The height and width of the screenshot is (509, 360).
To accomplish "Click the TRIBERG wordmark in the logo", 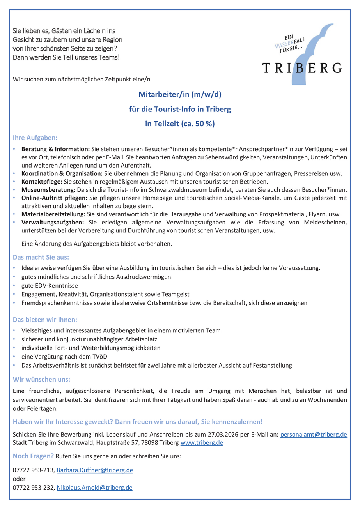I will pos(302,68).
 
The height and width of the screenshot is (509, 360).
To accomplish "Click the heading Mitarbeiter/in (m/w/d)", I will pos(180,94).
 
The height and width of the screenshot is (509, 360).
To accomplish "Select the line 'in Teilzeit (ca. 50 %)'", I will pos(180,124).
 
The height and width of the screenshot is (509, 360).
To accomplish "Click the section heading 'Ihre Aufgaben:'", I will pos(35,138).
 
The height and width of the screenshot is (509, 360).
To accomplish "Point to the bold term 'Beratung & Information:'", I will pos(56,149).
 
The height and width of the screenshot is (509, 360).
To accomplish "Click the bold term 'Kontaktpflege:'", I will pos(42,181).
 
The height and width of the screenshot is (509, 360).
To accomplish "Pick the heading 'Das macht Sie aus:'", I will pos(41,258).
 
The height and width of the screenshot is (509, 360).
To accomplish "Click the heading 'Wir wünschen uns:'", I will pos(41,379).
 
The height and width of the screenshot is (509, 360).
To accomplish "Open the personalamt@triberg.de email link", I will pos(314,434).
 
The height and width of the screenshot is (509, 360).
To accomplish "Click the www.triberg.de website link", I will pos(202,442).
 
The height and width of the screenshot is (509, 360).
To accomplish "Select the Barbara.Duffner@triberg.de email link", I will pos(95,470).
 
